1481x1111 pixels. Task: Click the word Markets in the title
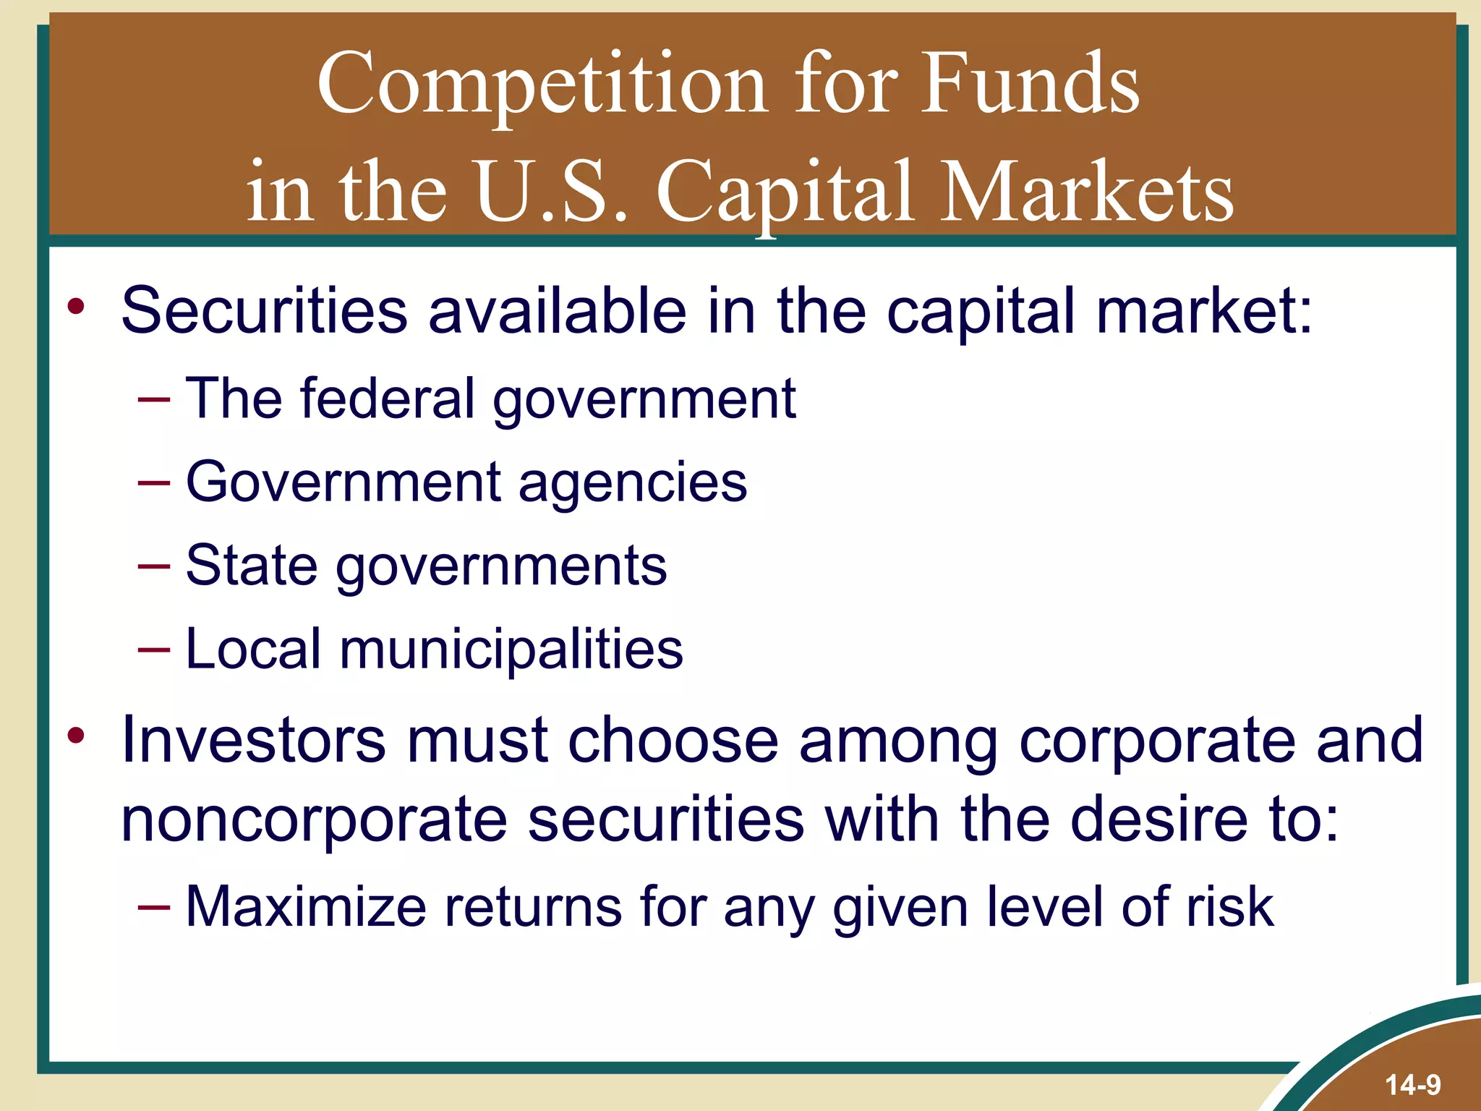1088,192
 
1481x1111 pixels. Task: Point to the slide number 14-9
1412,1085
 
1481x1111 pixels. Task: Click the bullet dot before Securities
76,307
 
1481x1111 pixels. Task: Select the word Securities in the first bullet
264,311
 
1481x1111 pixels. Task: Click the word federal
386,399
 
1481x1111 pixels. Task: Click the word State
251,566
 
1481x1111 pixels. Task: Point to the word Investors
253,740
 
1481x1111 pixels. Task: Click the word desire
1158,820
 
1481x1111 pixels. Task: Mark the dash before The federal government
154,399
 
